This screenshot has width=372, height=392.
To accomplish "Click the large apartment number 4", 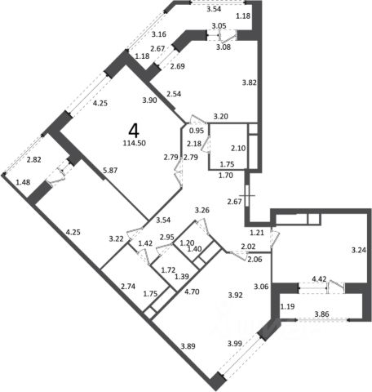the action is [x=134, y=131].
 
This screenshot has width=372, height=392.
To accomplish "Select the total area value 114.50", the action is [x=135, y=143].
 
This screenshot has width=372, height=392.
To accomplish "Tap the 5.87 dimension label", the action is [x=110, y=171].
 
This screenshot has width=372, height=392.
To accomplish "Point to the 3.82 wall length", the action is [x=250, y=82].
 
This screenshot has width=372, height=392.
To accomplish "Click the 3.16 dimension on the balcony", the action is [x=159, y=34].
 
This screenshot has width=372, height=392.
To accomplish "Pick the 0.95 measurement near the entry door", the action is [x=197, y=131].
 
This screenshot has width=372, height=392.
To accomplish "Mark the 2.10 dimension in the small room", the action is [x=238, y=149].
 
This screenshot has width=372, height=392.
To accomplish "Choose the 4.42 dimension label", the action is [x=319, y=279].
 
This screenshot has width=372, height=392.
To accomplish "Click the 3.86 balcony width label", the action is [x=321, y=314].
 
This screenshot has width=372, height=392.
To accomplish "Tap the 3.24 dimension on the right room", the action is [x=359, y=250].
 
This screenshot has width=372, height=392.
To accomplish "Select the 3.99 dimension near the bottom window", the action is [x=235, y=344].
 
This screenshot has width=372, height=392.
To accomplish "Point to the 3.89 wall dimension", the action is [x=188, y=346].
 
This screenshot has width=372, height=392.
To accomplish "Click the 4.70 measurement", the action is [x=192, y=292].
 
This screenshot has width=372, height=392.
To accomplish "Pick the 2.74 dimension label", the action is [x=128, y=287].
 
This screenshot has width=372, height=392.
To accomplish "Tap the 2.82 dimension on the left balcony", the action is [x=34, y=160].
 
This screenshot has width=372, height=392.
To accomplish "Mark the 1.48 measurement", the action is [x=23, y=182].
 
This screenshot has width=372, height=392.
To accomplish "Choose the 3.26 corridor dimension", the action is [x=202, y=211].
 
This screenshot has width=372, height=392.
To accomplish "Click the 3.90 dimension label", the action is [x=149, y=100].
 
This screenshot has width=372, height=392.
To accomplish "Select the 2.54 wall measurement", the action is [x=174, y=94].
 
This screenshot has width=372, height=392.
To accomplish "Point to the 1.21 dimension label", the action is [x=257, y=233].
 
